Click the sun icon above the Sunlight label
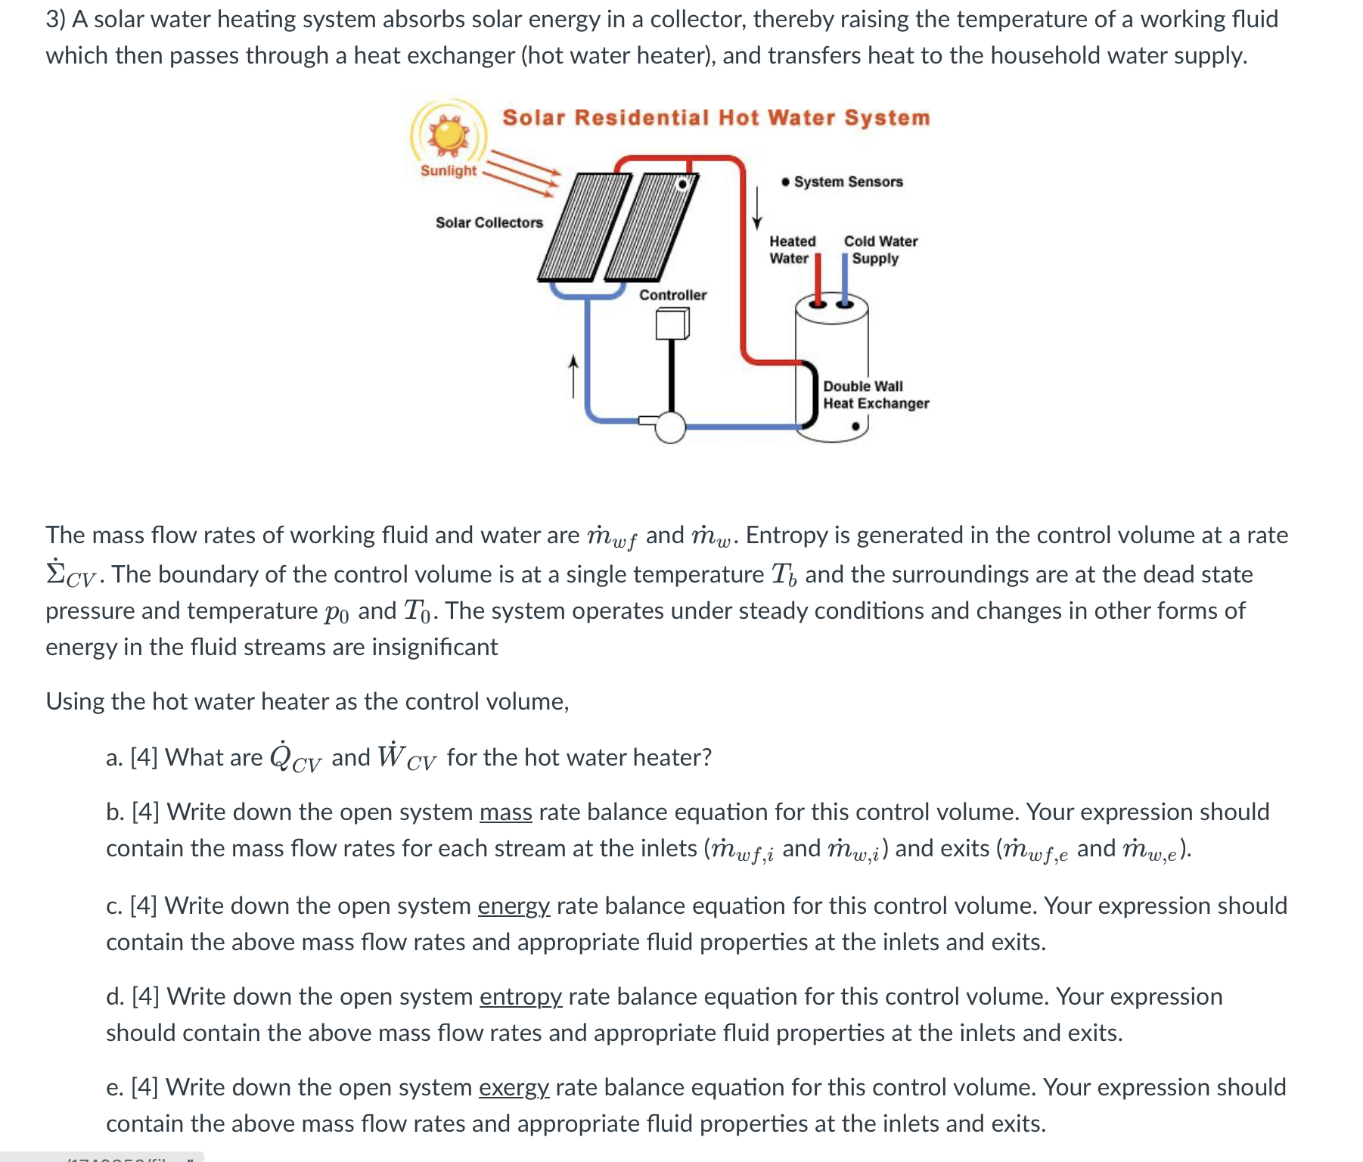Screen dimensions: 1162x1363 point(449,135)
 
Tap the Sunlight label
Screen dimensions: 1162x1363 point(449,171)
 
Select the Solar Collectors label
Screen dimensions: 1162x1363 point(489,222)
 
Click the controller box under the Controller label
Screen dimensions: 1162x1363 point(672,325)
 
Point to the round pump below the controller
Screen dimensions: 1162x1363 point(670,427)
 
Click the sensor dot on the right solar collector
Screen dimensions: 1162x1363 point(683,184)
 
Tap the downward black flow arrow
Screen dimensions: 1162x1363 point(756,207)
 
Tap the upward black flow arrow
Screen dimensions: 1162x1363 point(573,376)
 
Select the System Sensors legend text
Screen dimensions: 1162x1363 point(848,182)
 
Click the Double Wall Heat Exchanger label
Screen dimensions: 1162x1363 point(875,395)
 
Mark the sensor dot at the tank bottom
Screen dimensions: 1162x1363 point(855,427)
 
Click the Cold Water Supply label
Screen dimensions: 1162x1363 point(880,250)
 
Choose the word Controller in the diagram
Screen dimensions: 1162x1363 point(672,295)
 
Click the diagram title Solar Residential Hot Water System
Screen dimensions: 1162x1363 point(716,118)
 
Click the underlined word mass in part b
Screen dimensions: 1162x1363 point(505,812)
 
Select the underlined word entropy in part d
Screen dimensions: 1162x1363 point(520,997)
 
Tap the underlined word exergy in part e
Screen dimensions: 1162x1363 point(514,1088)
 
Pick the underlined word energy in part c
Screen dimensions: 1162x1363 point(514,906)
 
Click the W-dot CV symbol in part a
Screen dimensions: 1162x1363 point(406,757)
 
